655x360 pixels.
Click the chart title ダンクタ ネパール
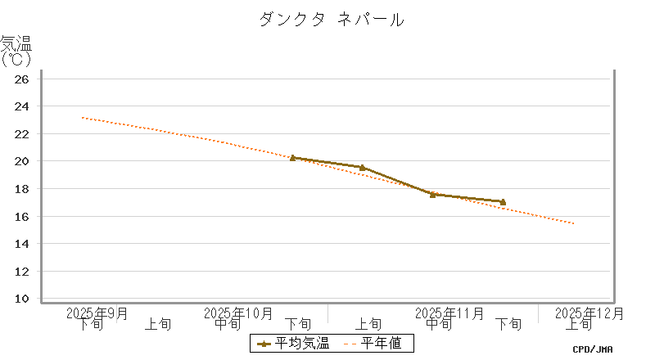(331, 20)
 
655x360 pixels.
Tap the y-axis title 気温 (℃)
(16, 50)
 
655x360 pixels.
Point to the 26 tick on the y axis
(22, 79)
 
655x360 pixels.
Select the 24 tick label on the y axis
(22, 106)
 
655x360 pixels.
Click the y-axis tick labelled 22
(22, 134)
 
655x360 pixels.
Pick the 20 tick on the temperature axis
(22, 161)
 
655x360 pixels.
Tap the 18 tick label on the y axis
(22, 189)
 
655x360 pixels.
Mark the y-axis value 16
(22, 217)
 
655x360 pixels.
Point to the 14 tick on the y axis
(22, 244)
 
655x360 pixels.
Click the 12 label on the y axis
(22, 272)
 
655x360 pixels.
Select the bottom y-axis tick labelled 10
(22, 299)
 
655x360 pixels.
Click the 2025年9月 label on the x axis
(97, 313)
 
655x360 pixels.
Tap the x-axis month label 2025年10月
(238, 313)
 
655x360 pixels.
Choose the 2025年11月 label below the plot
(449, 313)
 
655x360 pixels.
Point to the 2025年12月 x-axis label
(589, 313)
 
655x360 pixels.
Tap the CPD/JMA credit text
(593, 349)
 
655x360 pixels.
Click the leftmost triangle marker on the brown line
(292, 158)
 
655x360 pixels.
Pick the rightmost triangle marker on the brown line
(503, 201)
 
